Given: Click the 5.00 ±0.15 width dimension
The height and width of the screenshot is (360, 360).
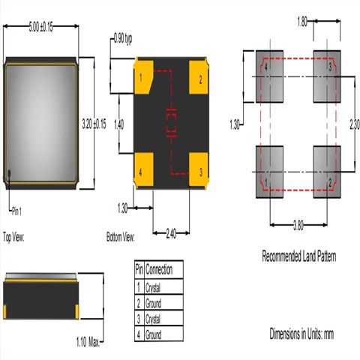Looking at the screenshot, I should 42,27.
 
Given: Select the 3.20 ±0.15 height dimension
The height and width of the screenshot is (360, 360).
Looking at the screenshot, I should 94,122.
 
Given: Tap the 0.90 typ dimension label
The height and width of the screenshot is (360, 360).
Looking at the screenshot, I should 124,37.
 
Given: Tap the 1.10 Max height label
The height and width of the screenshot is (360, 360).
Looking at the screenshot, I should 88,342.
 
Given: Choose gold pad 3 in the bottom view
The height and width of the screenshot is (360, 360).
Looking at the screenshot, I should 198,165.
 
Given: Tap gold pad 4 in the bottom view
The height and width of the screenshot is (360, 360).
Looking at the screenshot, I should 143,165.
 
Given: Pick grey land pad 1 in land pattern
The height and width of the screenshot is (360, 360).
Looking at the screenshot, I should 270,171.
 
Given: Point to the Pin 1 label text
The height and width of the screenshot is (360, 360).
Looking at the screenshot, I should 19,211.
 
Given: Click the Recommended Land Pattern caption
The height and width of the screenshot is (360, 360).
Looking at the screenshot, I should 298,256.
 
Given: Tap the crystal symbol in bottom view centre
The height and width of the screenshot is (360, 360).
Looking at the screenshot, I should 170,123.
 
